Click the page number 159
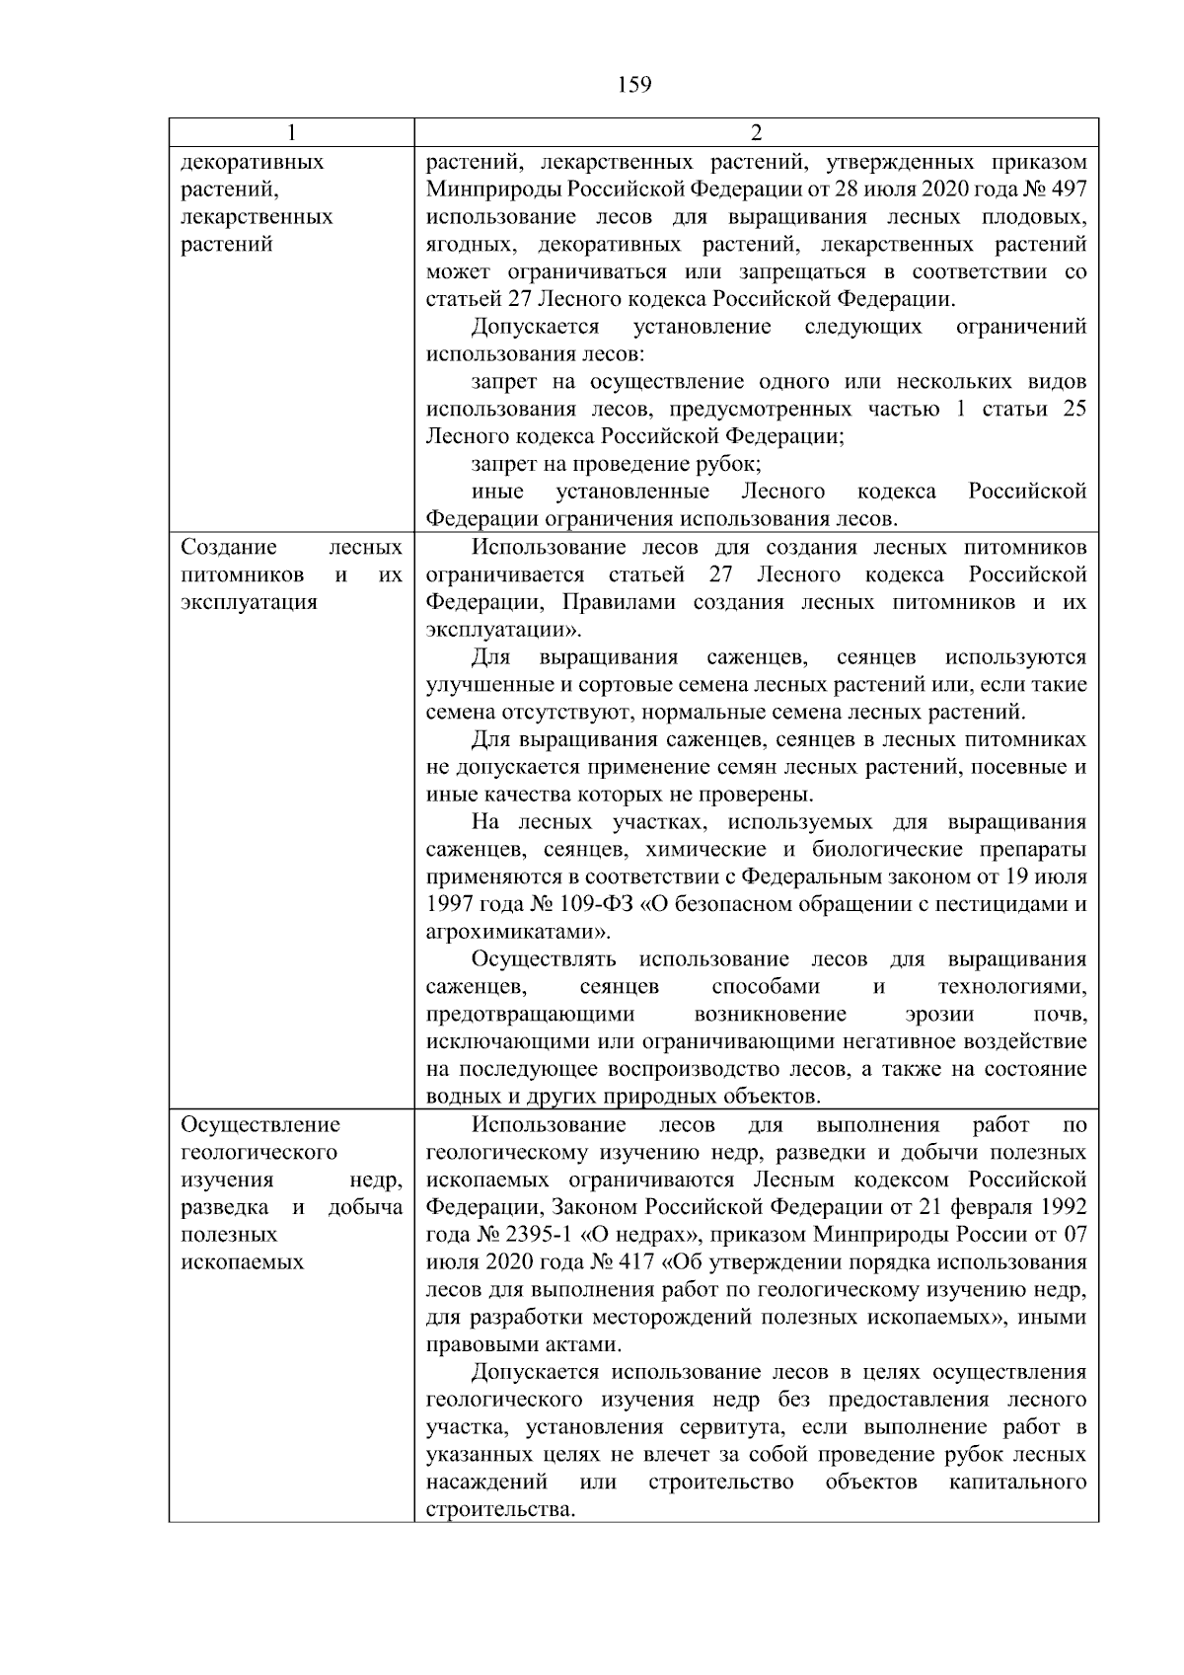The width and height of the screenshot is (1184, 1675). coord(634,85)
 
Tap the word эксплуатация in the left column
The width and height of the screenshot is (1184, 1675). coord(250,602)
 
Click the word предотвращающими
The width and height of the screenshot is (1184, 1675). coord(530,1015)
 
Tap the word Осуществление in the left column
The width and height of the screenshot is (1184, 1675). coord(260,1125)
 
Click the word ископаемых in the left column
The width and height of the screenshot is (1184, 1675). coord(243,1262)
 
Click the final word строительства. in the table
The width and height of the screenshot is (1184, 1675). coord(500,1510)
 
